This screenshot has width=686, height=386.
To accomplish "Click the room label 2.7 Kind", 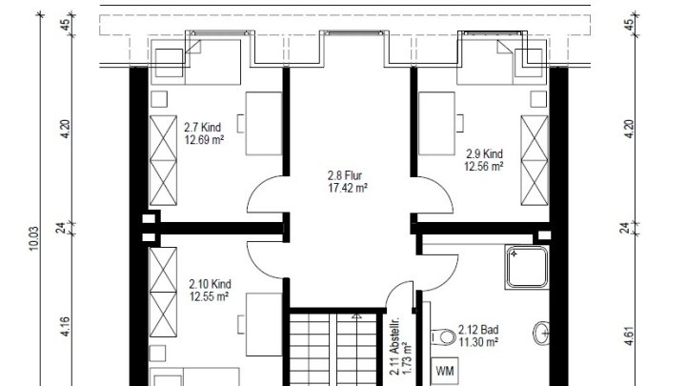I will tap(204, 126).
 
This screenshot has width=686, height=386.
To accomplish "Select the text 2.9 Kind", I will tap(483, 152).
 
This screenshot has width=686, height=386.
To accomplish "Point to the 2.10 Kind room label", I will tap(210, 284).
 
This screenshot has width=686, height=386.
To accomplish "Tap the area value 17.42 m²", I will tap(347, 188).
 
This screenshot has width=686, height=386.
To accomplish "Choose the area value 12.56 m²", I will tap(483, 165).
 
